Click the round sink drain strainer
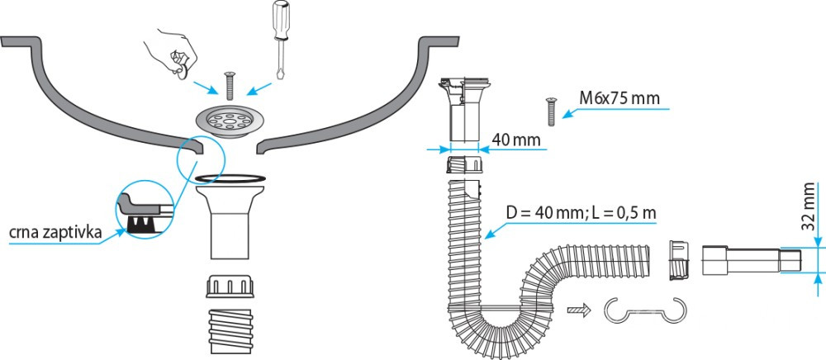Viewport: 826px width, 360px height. [x=228, y=121]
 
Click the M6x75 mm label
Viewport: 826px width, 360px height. [x=619, y=99]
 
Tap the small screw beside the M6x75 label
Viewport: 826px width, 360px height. [x=548, y=107]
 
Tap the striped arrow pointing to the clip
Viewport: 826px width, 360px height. [x=580, y=310]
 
